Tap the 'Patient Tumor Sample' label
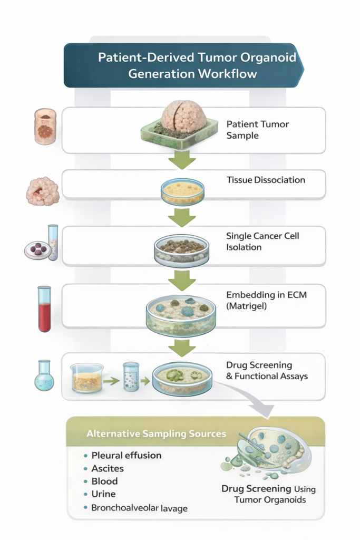(250, 130)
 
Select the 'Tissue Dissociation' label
(266, 180)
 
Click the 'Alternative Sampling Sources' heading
(156, 433)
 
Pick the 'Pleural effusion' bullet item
(126, 455)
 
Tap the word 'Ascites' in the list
(107, 468)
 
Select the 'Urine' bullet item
(103, 495)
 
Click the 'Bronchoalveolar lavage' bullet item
(139, 508)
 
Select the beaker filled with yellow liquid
(87, 378)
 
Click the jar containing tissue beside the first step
(45, 127)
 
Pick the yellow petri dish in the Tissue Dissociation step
(182, 191)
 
